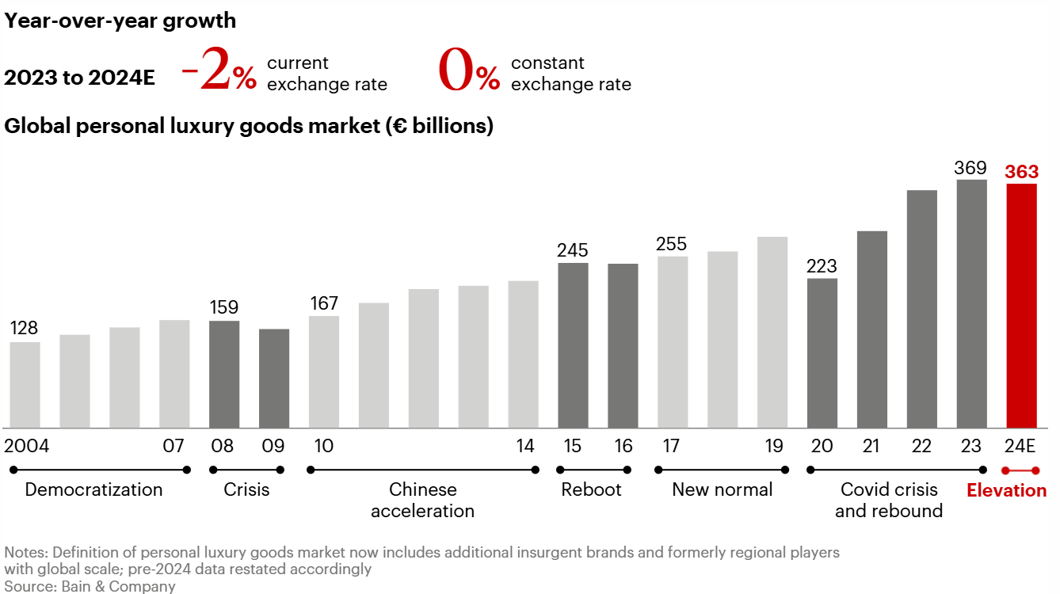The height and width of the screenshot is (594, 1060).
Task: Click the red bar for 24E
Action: (1021, 306)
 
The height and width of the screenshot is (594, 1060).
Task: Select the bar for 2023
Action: (971, 303)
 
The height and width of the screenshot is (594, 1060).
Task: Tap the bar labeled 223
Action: (822, 352)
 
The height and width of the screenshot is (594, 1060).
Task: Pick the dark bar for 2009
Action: (274, 378)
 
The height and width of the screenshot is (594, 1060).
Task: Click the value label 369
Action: (970, 168)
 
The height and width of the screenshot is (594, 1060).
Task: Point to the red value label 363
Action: (1021, 172)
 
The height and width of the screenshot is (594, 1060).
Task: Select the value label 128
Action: (24, 328)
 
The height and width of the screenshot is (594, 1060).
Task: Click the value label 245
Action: (573, 250)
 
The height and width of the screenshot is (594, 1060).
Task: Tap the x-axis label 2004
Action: (27, 446)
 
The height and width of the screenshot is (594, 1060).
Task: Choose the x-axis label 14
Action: (525, 446)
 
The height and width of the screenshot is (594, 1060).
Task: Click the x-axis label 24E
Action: (1020, 446)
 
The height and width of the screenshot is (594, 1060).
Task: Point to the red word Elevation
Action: (1006, 490)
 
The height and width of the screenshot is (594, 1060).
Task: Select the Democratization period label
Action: (93, 489)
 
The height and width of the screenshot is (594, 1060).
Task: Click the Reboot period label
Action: (591, 489)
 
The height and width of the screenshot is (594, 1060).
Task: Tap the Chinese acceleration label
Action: (422, 500)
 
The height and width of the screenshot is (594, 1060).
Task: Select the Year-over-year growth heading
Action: (120, 21)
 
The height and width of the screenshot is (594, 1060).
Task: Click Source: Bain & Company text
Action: (90, 586)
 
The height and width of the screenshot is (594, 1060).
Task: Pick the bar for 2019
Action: (772, 332)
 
